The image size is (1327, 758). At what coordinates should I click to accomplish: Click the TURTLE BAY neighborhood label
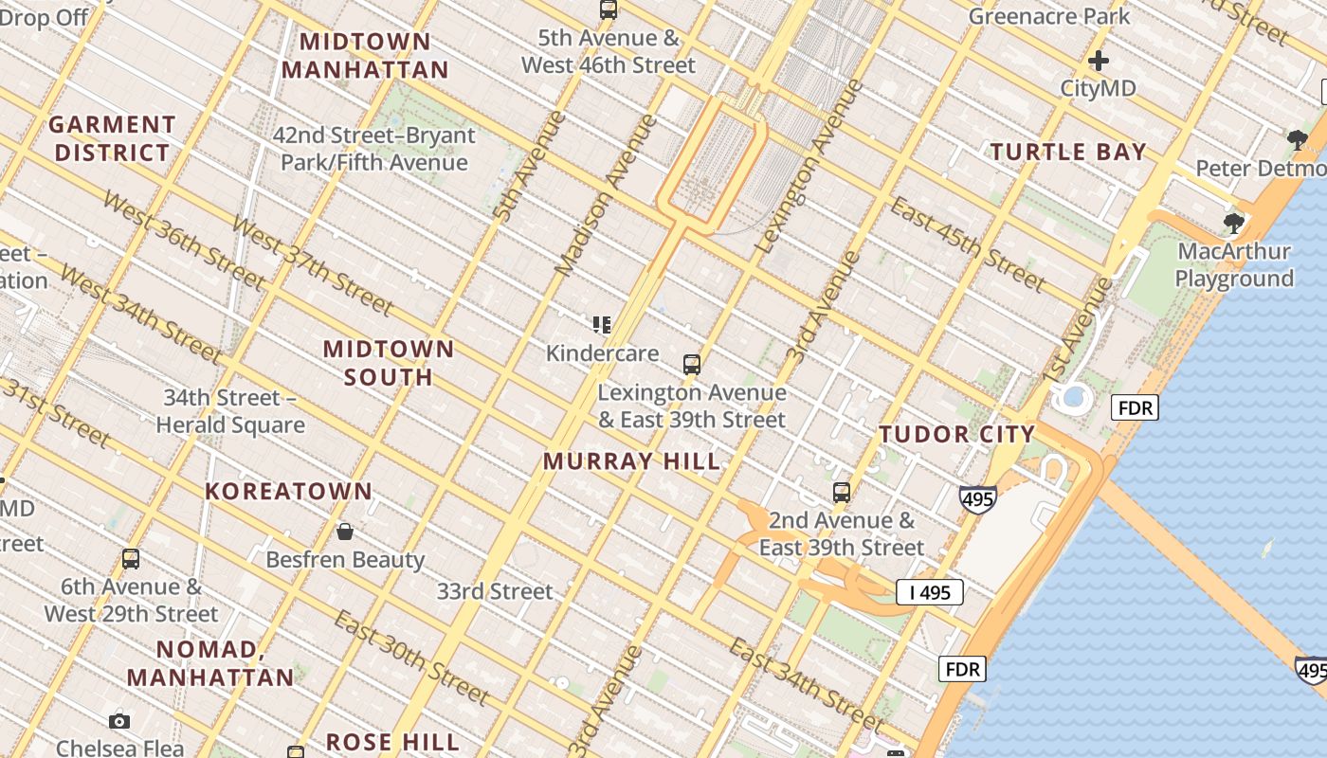tap(1068, 152)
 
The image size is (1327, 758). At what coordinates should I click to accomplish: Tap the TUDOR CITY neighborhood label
tap(956, 434)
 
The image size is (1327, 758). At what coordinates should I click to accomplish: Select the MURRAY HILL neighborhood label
tap(631, 461)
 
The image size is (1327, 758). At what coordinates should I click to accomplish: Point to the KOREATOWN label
tap(289, 491)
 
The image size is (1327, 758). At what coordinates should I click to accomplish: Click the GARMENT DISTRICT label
tap(112, 138)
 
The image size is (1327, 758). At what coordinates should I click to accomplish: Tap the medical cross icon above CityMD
tap(1098, 62)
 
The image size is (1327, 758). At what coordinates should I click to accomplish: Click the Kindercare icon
tap(601, 325)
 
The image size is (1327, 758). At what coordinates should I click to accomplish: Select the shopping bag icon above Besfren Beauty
tap(345, 531)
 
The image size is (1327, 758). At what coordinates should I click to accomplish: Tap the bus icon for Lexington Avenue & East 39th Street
tap(692, 364)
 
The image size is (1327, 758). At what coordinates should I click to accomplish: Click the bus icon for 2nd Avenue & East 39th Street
tap(841, 493)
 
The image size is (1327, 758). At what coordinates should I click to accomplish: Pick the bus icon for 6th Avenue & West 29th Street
tap(131, 559)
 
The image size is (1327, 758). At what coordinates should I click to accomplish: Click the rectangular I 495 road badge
tap(929, 593)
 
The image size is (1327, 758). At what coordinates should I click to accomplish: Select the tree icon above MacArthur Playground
tap(1233, 224)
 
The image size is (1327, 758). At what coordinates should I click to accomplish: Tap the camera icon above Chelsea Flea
tap(119, 721)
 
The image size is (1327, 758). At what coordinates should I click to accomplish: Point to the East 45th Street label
tap(968, 244)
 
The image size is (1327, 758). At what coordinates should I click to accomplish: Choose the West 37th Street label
tap(312, 266)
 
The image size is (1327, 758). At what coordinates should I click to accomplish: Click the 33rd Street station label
tap(494, 591)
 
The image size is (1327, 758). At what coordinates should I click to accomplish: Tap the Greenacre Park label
tap(1048, 16)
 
